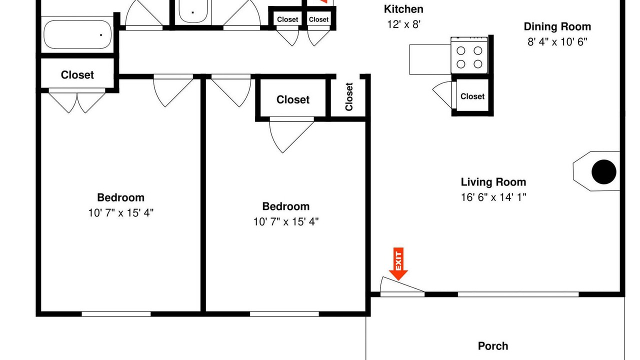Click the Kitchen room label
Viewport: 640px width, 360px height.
pos(403,9)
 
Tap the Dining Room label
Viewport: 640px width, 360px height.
pos(557,26)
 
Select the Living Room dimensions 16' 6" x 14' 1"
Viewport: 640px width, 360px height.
pos(493,197)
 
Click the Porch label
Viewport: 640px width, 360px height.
pos(493,346)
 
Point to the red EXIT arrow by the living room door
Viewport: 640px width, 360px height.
pos(398,263)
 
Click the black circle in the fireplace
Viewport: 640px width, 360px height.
pos(603,171)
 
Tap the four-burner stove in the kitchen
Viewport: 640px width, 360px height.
pos(469,55)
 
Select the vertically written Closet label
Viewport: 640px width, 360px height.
pos(349,96)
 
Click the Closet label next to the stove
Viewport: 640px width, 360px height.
pos(472,96)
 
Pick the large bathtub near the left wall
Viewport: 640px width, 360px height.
pos(77,34)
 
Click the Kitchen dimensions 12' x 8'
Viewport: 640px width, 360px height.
pos(403,24)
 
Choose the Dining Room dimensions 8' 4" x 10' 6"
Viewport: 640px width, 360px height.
pos(557,42)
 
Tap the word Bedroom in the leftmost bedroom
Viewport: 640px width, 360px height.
pos(120,197)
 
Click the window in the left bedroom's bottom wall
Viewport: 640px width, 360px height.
pos(116,314)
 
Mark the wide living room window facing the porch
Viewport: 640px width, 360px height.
pos(518,294)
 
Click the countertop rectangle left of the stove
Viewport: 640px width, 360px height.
pos(430,59)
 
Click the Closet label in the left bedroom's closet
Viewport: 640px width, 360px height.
pos(77,75)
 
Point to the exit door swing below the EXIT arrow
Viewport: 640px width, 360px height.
pos(401,285)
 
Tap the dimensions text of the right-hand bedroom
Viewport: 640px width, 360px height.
pos(285,221)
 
